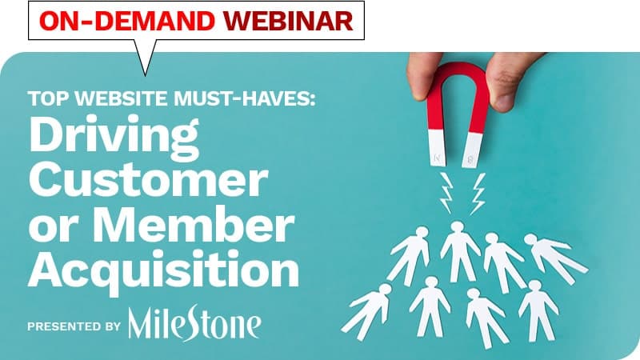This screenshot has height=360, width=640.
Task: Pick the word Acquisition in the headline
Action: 163,270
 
